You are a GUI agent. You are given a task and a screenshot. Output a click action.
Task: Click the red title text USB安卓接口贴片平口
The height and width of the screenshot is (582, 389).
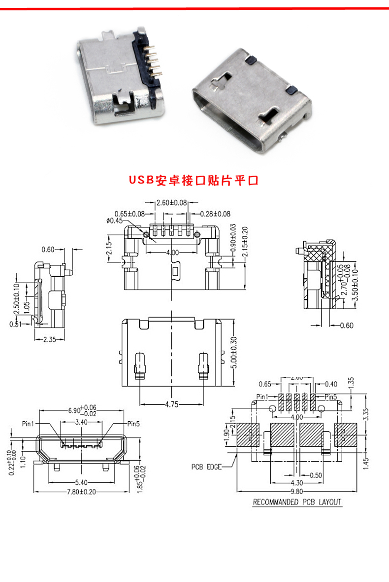pyautogui.click(x=194, y=180)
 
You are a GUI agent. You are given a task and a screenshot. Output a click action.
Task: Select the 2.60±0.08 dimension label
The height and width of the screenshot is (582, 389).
pyautogui.click(x=171, y=203)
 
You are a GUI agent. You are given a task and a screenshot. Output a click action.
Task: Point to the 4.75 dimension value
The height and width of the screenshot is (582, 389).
pyautogui.click(x=171, y=404)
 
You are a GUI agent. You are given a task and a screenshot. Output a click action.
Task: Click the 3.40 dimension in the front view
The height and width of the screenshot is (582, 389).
pyautogui.click(x=81, y=422)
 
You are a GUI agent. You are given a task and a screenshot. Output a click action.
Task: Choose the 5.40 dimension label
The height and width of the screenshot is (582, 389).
pyautogui.click(x=81, y=482)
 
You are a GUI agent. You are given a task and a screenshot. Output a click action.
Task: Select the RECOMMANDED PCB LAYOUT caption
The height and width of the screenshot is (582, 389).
pyautogui.click(x=296, y=502)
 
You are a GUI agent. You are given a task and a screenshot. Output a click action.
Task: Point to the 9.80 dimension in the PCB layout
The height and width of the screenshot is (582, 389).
pyautogui.click(x=296, y=491)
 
